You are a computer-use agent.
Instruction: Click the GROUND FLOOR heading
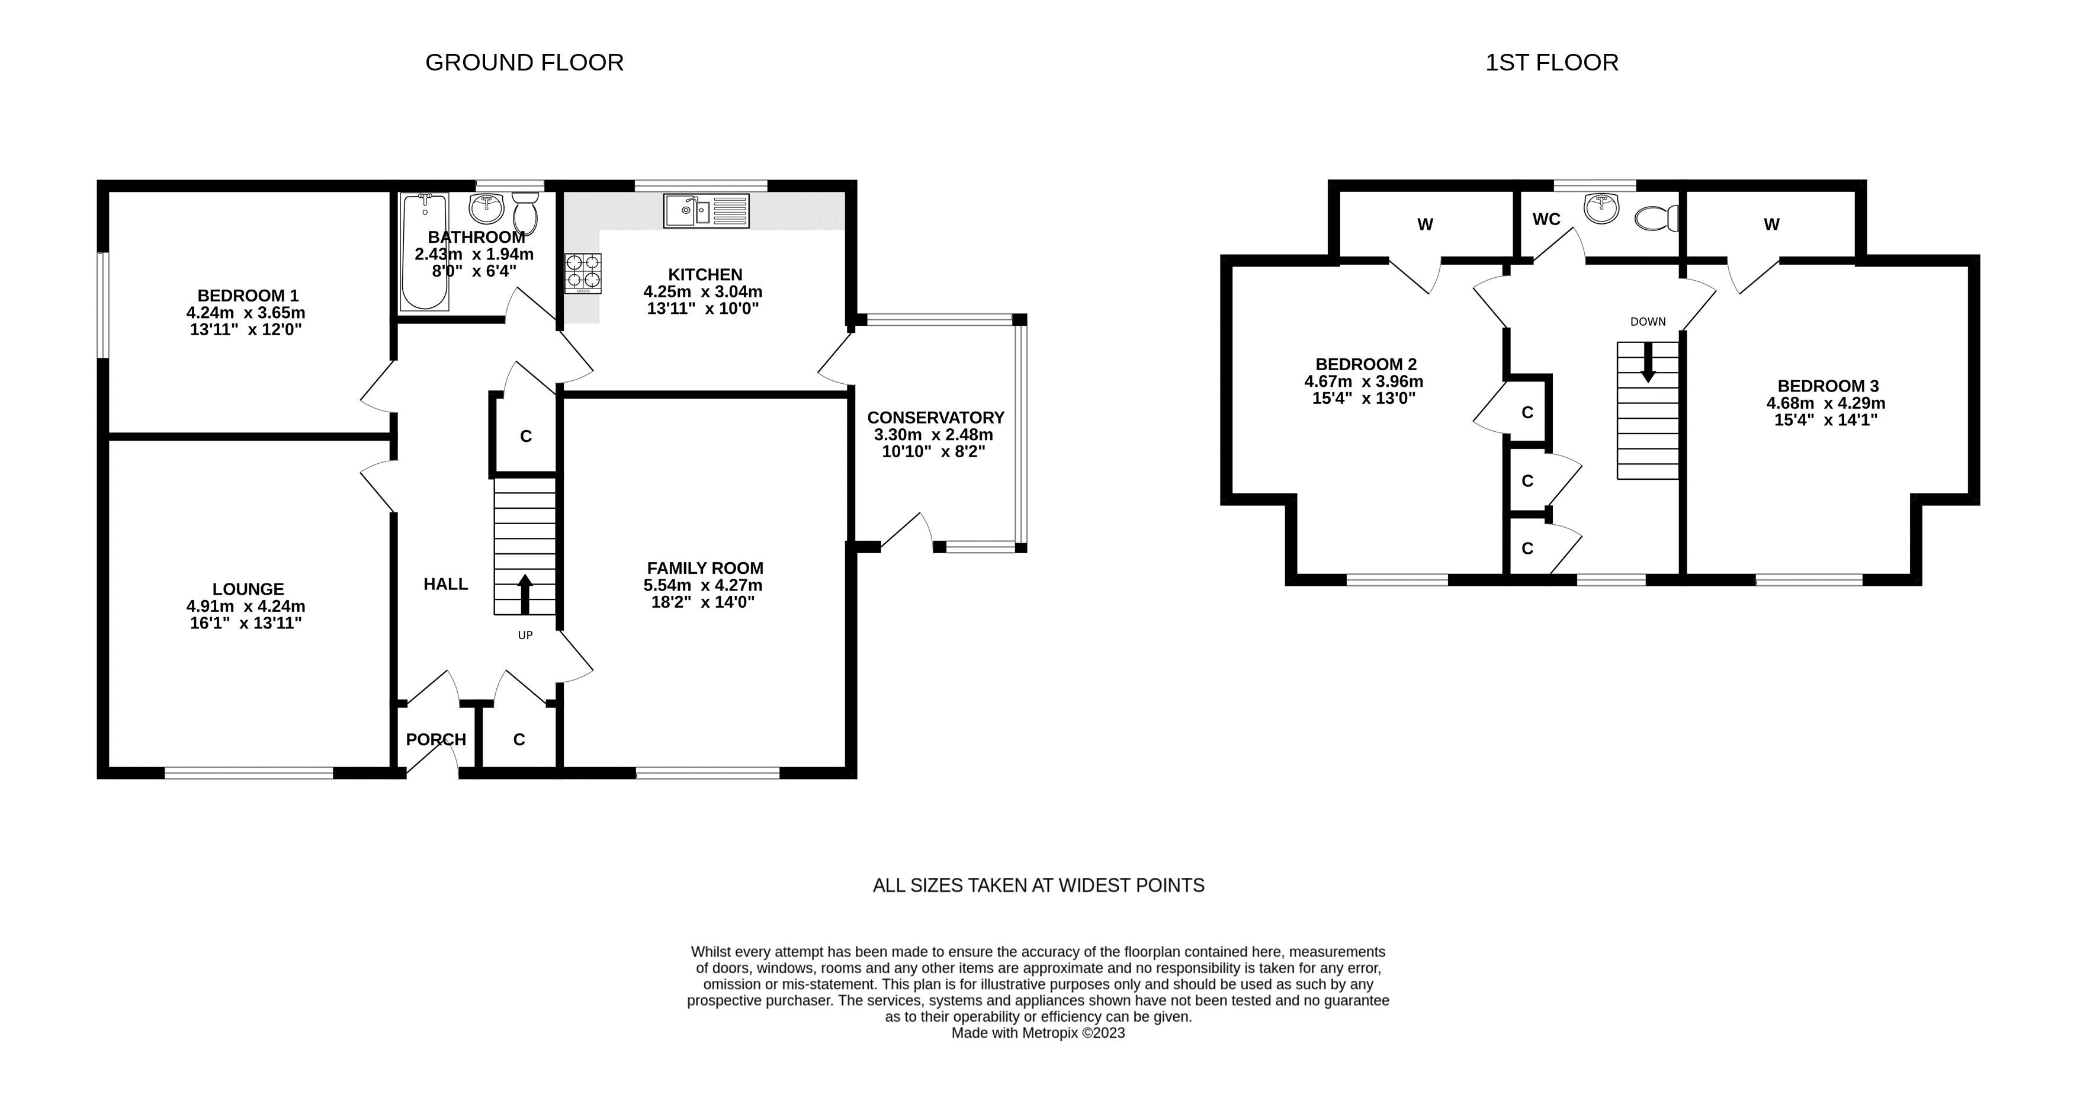pyautogui.click(x=524, y=63)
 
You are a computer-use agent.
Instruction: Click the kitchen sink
pyautogui.click(x=707, y=210)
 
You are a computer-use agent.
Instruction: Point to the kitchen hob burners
pyautogui.click(x=583, y=272)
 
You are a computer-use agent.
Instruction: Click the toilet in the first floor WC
pyautogui.click(x=1657, y=217)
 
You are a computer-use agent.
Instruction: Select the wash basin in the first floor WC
pyautogui.click(x=1601, y=207)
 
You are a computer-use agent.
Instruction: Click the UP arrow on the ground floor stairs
pyautogui.click(x=525, y=594)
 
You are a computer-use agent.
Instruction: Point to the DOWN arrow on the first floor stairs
pyautogui.click(x=1647, y=362)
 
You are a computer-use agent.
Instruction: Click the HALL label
pyautogui.click(x=446, y=583)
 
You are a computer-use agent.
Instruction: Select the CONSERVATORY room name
pyautogui.click(x=935, y=418)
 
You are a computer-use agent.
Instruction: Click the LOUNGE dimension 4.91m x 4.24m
pyautogui.click(x=246, y=607)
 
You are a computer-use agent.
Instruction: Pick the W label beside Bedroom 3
pyautogui.click(x=1771, y=225)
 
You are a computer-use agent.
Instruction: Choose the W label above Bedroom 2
pyautogui.click(x=1426, y=225)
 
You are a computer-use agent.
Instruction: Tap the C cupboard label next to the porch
pyautogui.click(x=519, y=739)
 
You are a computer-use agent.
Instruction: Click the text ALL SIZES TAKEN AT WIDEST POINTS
pyautogui.click(x=1039, y=885)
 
